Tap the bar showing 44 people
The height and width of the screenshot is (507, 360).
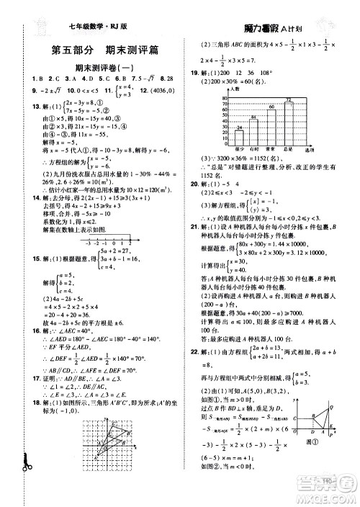[x=254, y=129]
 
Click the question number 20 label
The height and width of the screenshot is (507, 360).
[x=196, y=183]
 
